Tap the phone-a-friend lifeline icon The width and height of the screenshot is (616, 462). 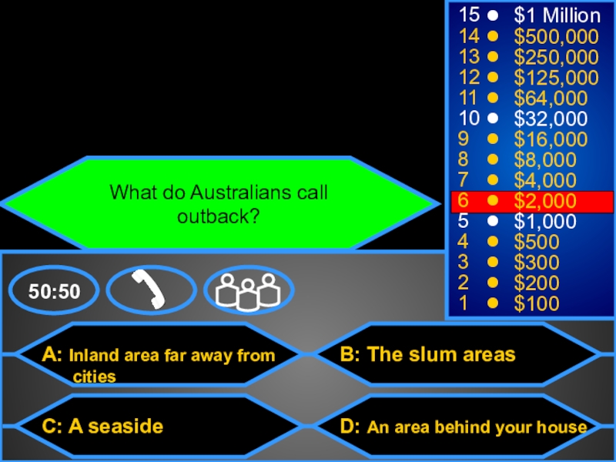pyautogui.click(x=151, y=290)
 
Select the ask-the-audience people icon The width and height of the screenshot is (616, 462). pyautogui.click(x=248, y=290)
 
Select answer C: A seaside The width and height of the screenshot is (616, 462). pyautogui.click(x=104, y=426)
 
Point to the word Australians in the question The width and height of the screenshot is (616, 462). pyautogui.click(x=232, y=192)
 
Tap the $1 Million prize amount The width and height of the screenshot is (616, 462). pyautogui.click(x=557, y=16)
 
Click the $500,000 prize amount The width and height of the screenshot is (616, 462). pyautogui.click(x=556, y=36)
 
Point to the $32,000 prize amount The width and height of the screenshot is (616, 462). pyautogui.click(x=551, y=119)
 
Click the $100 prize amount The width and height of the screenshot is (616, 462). pyautogui.click(x=537, y=304)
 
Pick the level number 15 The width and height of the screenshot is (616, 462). pyautogui.click(x=468, y=16)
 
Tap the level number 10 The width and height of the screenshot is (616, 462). pyautogui.click(x=468, y=119)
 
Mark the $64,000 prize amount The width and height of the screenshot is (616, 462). pyautogui.click(x=551, y=99)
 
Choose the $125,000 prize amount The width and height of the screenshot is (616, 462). pyautogui.click(x=556, y=78)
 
